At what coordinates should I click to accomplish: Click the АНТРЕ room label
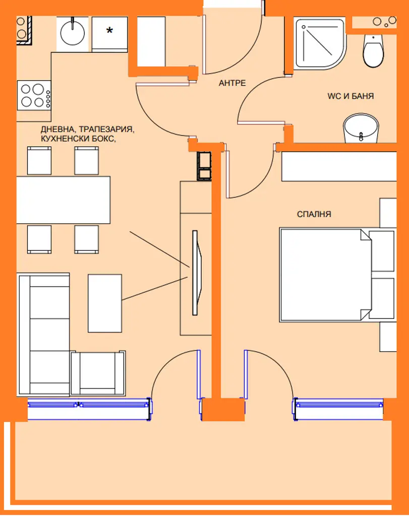232,83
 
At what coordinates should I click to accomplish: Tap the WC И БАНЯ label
350,96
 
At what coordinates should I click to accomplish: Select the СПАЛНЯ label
314,214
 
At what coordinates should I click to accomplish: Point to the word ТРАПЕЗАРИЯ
107,130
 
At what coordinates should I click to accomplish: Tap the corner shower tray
319,44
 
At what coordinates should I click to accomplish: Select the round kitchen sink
73,33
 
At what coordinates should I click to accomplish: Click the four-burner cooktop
34,95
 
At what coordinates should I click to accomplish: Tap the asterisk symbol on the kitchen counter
109,31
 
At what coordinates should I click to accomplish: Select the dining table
63,200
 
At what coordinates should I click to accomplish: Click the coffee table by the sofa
105,303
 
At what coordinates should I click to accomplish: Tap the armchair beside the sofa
98,373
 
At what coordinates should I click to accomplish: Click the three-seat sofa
44,334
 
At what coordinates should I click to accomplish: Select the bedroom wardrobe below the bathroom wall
339,166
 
